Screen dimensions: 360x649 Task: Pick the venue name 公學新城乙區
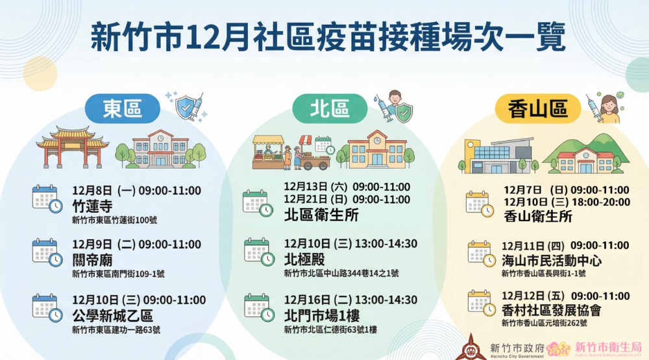tap(112, 316)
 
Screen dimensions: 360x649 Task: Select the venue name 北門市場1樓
tap(321, 316)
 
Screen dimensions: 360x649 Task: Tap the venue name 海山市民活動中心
tap(552, 261)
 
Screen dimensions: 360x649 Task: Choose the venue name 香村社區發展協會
tap(552, 310)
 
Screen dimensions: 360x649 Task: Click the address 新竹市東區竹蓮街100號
tap(114, 221)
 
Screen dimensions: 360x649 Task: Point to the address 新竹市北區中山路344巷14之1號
tap(341, 273)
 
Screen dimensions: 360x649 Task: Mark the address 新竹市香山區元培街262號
tap(544, 322)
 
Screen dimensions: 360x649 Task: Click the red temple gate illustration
tap(72, 147)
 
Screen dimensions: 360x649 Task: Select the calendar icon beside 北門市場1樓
tap(258, 307)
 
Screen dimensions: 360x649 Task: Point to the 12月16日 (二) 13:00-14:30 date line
tap(350, 300)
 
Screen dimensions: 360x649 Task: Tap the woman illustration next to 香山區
tap(609, 109)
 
